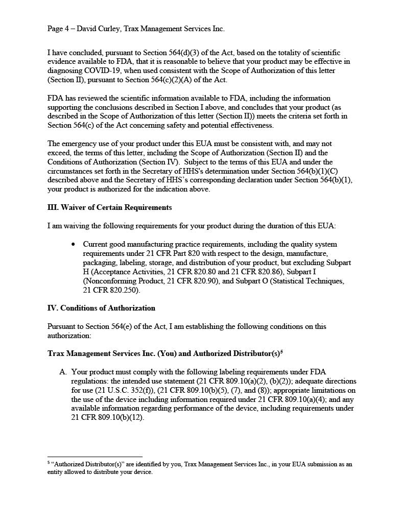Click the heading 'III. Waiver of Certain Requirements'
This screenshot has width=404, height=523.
point(109,207)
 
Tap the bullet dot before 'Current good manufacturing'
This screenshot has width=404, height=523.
point(74,244)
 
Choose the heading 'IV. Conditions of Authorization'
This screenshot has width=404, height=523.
point(101,308)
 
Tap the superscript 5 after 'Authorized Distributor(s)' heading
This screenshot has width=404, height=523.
point(281,351)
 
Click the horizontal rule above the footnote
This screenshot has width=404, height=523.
point(94,457)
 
